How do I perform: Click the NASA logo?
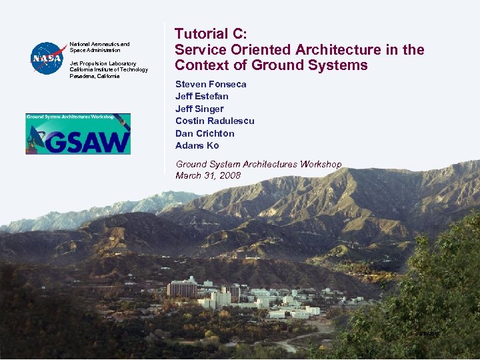coord(46,58)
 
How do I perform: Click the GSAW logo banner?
coord(78,133)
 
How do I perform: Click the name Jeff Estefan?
coord(201,97)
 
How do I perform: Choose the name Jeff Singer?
coord(199,109)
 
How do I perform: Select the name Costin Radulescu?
coord(215,121)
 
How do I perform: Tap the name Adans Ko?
coord(197,145)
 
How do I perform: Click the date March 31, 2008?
coord(208,176)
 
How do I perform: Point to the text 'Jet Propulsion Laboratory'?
coord(103,63)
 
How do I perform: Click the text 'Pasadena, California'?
coord(95,76)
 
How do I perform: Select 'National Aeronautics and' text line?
coord(100,44)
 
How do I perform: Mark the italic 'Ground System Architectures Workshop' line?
coord(258,164)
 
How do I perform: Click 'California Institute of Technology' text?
coord(109,69)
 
